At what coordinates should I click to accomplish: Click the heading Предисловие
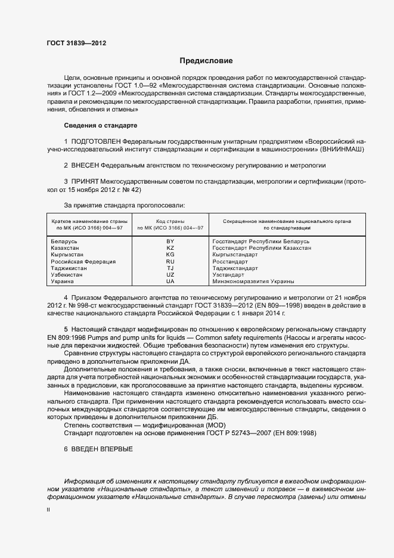click(x=207, y=61)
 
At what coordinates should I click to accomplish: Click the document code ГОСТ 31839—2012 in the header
click(x=76, y=44)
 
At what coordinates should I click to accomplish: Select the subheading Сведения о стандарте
click(x=101, y=126)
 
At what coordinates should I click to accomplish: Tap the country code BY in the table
click(x=170, y=241)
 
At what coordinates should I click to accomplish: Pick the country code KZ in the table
click(x=170, y=247)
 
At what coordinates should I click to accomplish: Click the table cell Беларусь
click(x=64, y=241)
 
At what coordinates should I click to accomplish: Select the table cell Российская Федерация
click(x=83, y=261)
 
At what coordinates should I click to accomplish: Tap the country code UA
click(x=170, y=281)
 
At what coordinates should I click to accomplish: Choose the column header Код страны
click(x=170, y=221)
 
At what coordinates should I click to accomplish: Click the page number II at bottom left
click(x=48, y=510)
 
